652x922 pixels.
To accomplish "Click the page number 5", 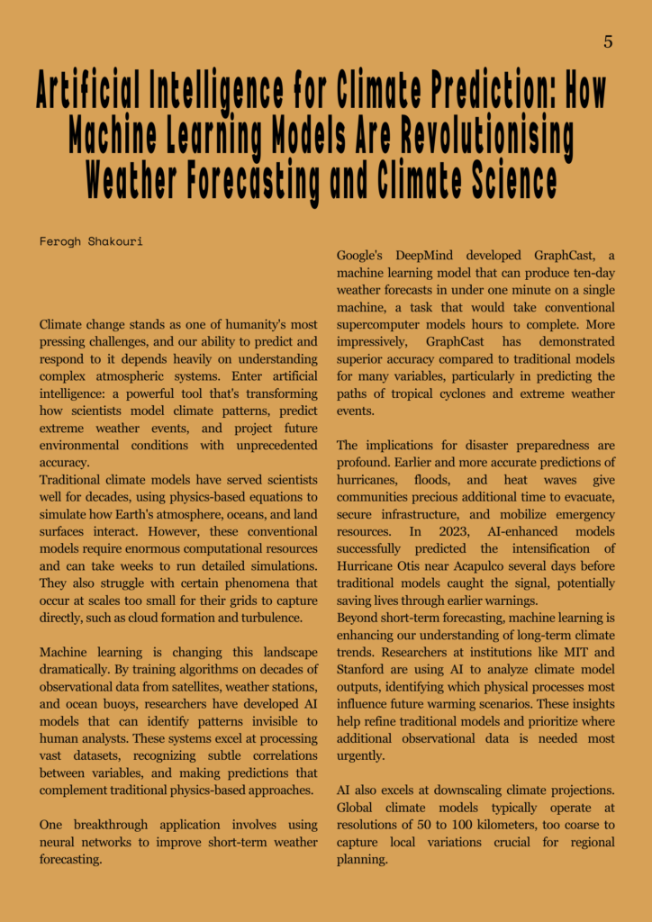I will pyautogui.click(x=608, y=41).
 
